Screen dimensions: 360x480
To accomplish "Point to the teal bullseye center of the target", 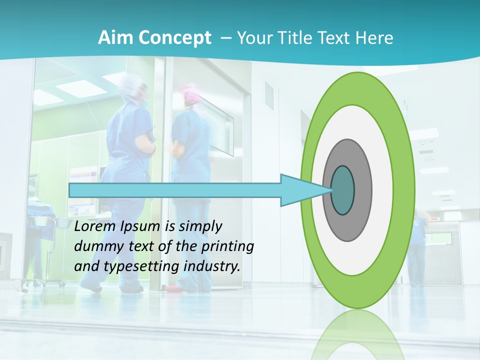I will [x=343, y=190].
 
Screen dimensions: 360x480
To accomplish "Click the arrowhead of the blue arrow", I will [x=300, y=190].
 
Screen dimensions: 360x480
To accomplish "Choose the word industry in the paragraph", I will [x=212, y=266].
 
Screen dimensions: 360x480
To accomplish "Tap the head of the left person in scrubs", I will [x=135, y=87].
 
